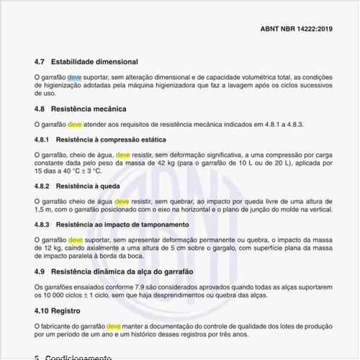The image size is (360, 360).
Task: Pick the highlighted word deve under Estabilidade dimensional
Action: pyautogui.click(x=75, y=76)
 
